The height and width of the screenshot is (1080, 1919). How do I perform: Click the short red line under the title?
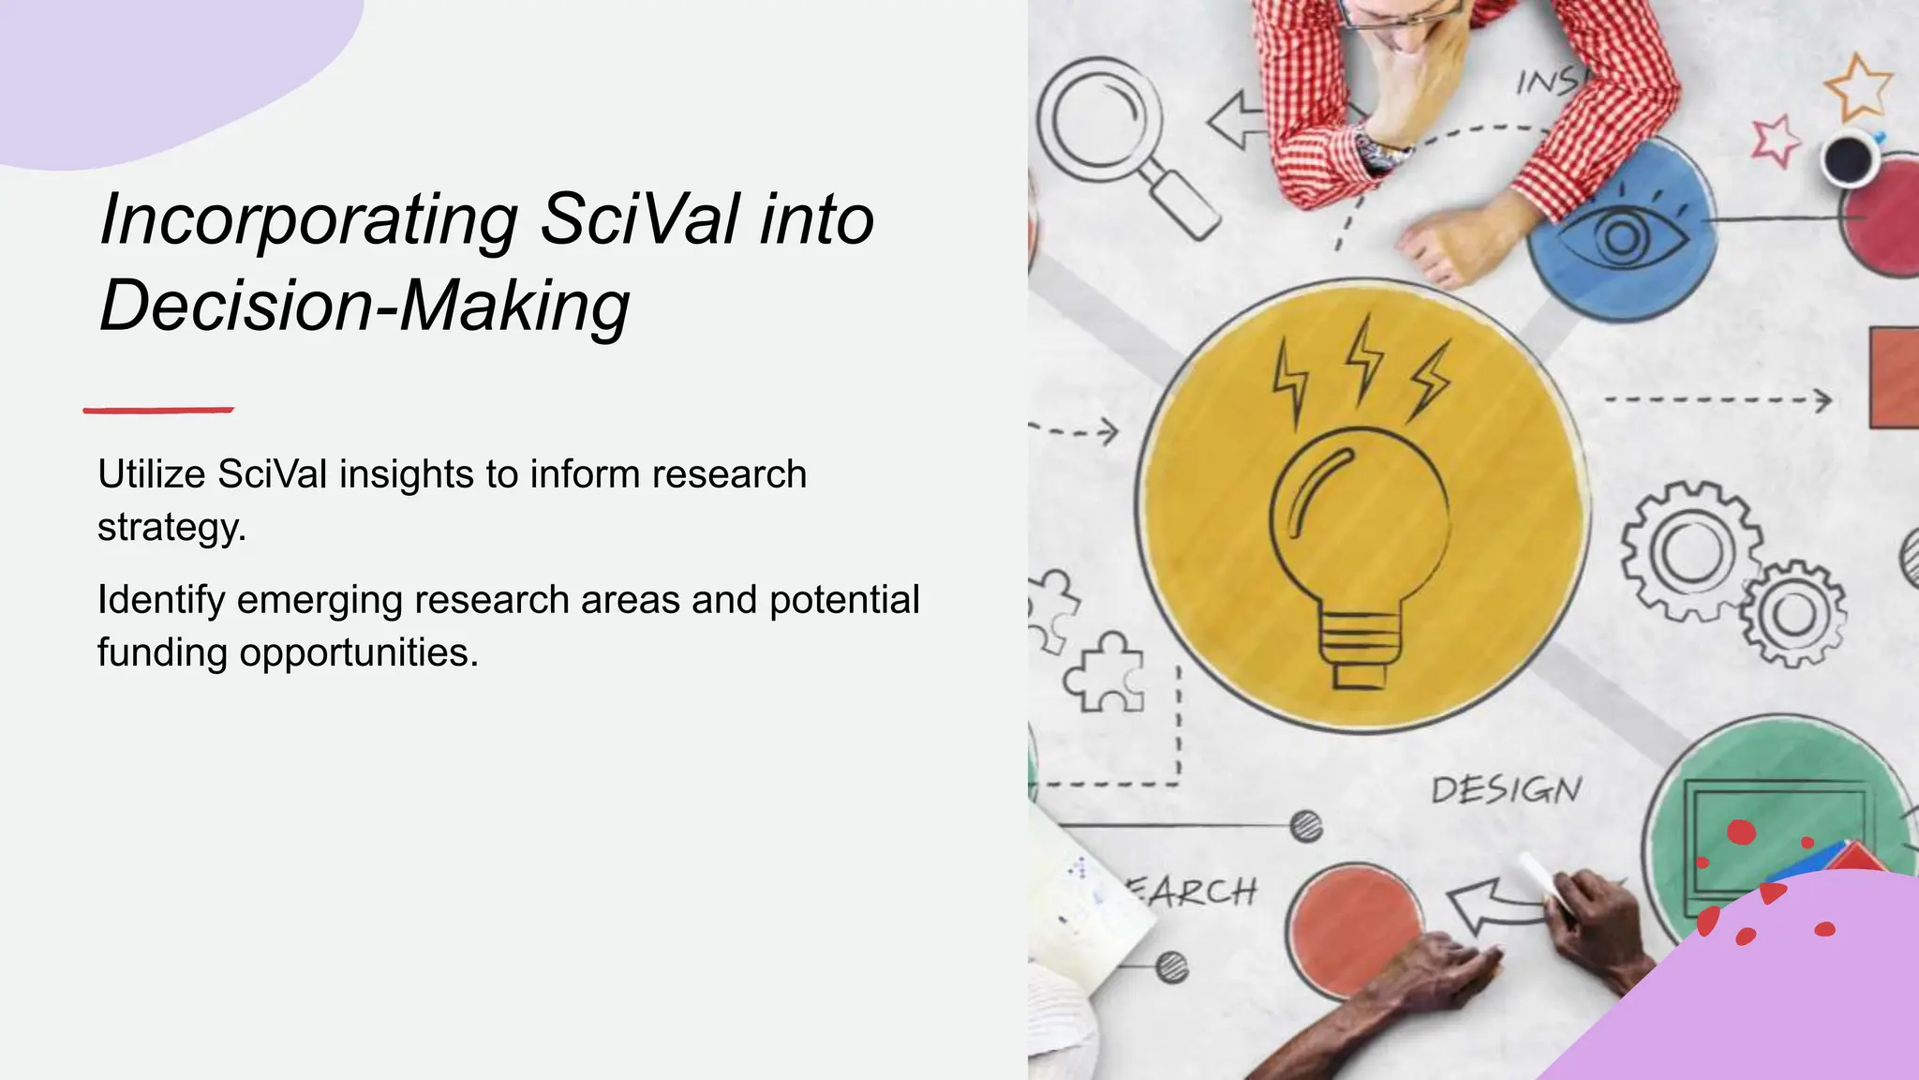click(x=158, y=410)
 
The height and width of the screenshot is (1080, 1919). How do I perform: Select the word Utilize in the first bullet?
click(x=152, y=474)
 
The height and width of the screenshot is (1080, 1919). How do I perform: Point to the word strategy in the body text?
click(x=171, y=528)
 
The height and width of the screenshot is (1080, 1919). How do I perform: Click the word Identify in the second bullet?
click(x=161, y=600)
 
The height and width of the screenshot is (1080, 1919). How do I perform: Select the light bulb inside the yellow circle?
click(x=1359, y=553)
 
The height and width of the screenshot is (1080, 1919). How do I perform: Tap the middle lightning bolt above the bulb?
click(x=1364, y=357)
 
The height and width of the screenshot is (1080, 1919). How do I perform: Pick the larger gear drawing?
click(x=1691, y=551)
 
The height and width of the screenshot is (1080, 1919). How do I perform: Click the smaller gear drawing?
click(x=1793, y=614)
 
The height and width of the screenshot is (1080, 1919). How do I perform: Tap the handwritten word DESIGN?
click(x=1506, y=790)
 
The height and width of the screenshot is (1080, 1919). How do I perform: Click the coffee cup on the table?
click(x=1851, y=157)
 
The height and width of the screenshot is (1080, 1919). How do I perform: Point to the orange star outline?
click(x=1858, y=87)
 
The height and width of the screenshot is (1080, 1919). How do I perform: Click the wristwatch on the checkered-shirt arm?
click(x=1382, y=151)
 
